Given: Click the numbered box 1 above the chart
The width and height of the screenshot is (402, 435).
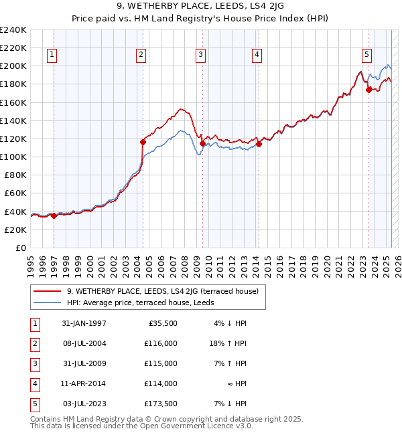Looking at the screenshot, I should click(53, 56).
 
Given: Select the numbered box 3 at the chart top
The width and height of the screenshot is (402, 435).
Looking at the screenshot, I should click(201, 56).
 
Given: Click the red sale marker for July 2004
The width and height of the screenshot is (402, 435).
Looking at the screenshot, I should click(143, 142).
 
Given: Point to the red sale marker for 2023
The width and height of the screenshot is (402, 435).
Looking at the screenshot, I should click(368, 90).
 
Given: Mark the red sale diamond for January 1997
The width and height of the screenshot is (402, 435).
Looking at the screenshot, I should click(54, 215).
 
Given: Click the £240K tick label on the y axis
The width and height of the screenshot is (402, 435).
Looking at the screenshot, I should click(13, 30).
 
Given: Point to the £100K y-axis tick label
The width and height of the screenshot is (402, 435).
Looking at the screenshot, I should click(13, 157).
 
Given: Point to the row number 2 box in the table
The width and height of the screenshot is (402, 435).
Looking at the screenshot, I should click(33, 343).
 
